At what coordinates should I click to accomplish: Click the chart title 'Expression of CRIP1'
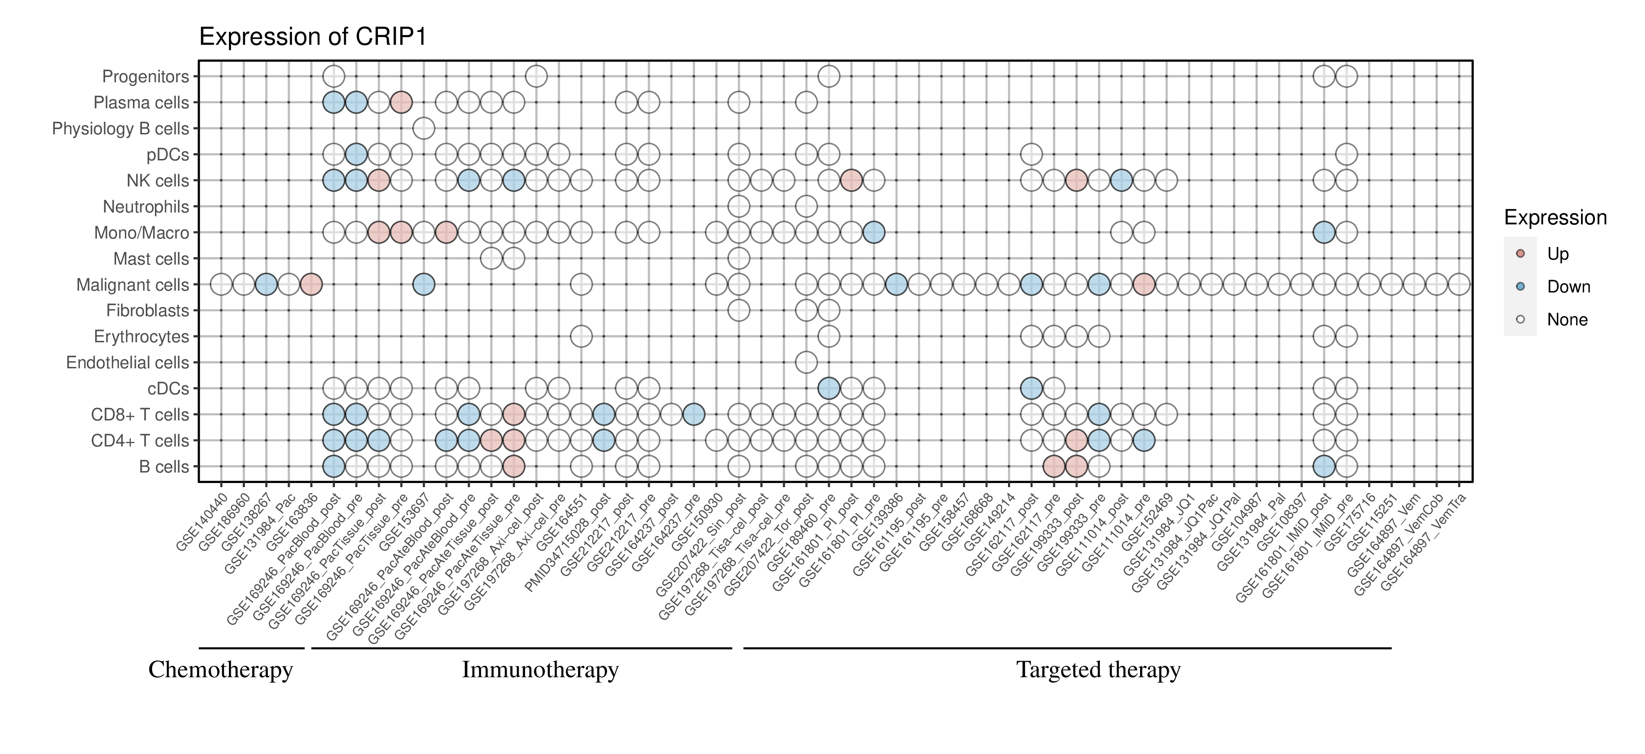313,37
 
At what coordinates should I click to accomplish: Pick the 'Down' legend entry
1568,287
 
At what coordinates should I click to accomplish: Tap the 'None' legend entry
1566,320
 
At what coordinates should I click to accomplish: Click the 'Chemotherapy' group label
220,670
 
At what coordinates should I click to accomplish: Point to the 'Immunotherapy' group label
540,670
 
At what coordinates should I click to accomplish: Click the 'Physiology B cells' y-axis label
121,129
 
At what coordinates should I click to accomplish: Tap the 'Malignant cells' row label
133,285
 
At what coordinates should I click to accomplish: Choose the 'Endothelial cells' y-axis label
128,363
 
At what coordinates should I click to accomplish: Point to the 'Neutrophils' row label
146,207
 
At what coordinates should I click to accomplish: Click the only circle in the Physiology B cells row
424,128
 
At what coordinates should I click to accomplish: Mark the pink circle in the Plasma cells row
401,102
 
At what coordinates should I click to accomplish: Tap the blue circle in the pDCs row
356,154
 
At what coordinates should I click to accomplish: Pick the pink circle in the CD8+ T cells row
514,414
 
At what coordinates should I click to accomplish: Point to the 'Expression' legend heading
1555,218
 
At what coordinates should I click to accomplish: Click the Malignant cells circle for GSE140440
221,284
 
